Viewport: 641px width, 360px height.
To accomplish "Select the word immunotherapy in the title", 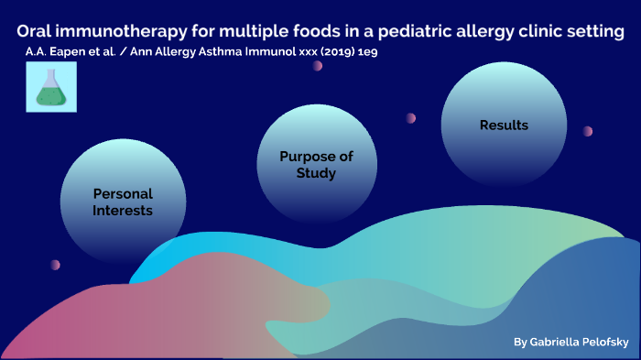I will click(123, 32).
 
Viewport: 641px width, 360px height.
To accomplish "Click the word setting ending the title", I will click(592, 32).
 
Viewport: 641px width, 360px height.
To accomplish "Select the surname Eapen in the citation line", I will click(66, 54).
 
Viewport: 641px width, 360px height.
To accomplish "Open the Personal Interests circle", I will click(122, 202).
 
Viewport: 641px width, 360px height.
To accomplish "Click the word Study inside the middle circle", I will click(320, 173).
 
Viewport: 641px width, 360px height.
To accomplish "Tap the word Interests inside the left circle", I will click(122, 211).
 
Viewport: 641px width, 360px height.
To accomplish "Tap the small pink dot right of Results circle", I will click(588, 131).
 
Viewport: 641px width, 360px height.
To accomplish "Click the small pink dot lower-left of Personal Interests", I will click(55, 265).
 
